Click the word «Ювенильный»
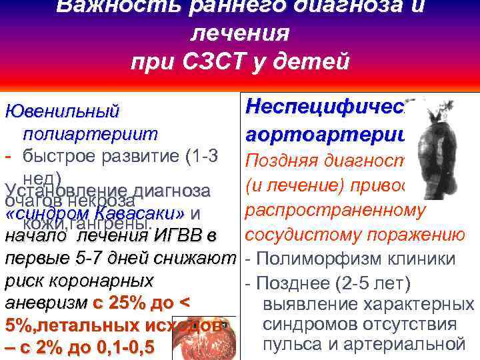point(62,111)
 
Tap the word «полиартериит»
point(91,134)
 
